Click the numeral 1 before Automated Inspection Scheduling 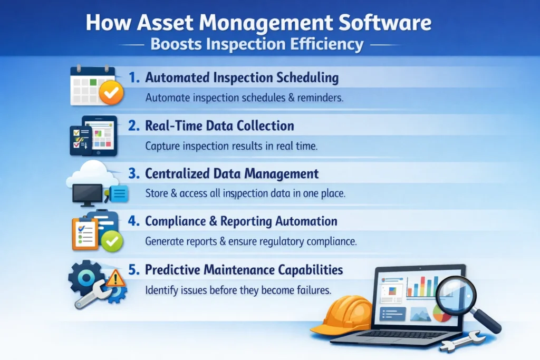(x=134, y=78)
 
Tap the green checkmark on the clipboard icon (x=112, y=241)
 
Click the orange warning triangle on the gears (x=115, y=278)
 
